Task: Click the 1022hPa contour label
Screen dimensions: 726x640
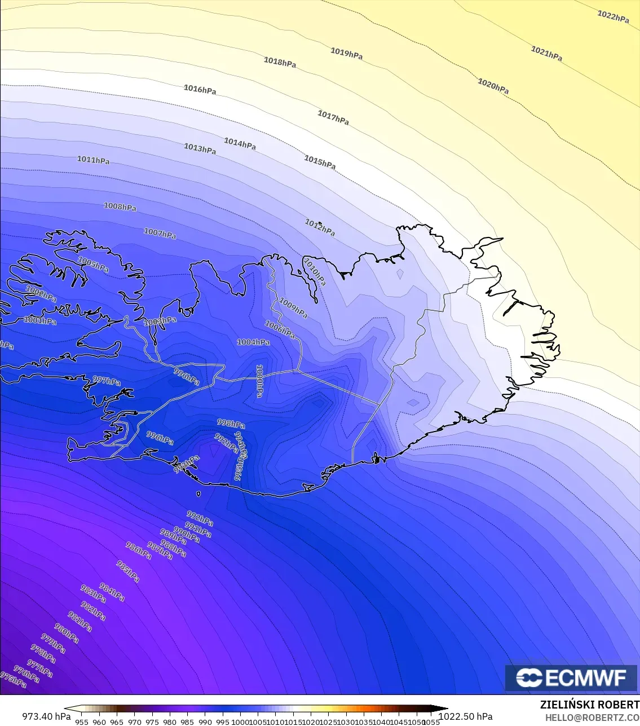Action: click(x=613, y=17)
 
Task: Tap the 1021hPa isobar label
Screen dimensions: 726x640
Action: click(x=546, y=54)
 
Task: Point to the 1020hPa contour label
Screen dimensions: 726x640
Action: click(x=493, y=86)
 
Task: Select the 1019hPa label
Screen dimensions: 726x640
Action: click(x=346, y=54)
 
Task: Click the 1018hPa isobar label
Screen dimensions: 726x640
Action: click(x=280, y=62)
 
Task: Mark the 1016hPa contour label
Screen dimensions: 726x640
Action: click(x=200, y=89)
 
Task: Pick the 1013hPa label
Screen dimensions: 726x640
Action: click(x=200, y=149)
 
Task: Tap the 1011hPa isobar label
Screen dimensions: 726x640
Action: click(x=93, y=160)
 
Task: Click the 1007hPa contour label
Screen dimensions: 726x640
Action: click(x=160, y=233)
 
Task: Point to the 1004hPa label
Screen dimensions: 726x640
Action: click(x=253, y=342)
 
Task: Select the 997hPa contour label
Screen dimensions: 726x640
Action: click(x=107, y=381)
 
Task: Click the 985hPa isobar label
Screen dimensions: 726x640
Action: click(x=128, y=571)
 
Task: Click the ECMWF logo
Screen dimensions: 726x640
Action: click(x=571, y=678)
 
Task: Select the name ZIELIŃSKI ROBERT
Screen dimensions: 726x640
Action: click(x=589, y=705)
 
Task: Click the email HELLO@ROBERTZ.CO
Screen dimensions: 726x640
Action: click(x=592, y=717)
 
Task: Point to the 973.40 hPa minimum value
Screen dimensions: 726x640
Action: click(x=46, y=716)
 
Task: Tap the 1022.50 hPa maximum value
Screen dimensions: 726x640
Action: click(x=465, y=716)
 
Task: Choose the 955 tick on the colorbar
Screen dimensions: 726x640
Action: click(x=82, y=721)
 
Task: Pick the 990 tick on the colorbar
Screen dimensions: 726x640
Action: click(x=205, y=721)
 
